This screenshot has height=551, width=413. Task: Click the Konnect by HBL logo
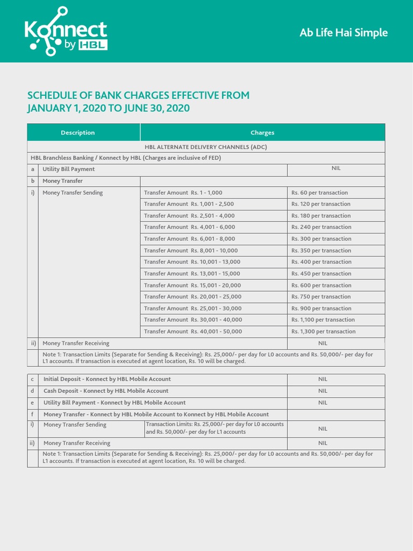click(66, 32)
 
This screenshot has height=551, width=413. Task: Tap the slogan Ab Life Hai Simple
click(344, 33)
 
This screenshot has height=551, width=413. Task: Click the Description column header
click(77, 132)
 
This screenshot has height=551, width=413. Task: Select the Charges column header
click(262, 132)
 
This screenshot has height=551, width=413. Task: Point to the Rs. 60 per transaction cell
click(319, 193)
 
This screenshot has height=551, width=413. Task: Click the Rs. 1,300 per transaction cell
click(323, 331)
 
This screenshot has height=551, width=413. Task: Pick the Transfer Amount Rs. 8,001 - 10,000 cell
click(190, 250)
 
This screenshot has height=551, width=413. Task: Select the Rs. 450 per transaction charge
click(321, 273)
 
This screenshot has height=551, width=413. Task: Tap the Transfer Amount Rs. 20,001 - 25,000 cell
click(193, 296)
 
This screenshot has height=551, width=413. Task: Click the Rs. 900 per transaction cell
click(321, 308)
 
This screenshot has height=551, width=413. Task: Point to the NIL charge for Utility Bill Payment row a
click(336, 168)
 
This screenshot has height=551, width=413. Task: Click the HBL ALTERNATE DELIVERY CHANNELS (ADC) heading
click(206, 146)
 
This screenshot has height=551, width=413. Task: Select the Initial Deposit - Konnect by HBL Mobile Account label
click(107, 379)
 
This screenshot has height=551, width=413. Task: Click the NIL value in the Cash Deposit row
click(323, 391)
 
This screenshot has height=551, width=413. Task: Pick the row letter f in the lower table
click(33, 414)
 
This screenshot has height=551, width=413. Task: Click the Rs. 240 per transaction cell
click(321, 227)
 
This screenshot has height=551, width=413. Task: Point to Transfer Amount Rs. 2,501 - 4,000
click(189, 216)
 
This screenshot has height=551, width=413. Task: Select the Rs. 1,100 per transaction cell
click(323, 320)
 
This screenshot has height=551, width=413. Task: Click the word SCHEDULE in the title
click(53, 96)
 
